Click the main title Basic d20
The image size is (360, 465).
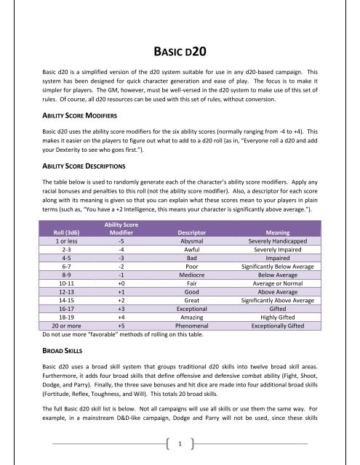pyautogui.click(x=180, y=52)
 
